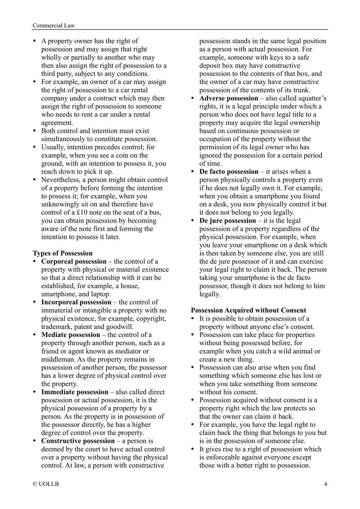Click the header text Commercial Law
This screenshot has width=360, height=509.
pos(53,25)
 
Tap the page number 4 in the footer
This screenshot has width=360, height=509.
pos(325,484)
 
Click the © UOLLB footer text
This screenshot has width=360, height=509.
pos(45,484)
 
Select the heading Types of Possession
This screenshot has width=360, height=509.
pos(63,253)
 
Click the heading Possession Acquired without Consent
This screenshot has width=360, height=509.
pos(248,310)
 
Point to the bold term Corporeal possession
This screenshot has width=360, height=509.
pos(74,262)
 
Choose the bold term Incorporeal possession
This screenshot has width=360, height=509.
pos(76,302)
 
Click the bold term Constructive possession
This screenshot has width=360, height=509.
pos(78,441)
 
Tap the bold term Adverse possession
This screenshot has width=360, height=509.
pos(229,98)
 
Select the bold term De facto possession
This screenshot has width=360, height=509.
pos(229,172)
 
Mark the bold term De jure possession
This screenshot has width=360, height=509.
pos(228,221)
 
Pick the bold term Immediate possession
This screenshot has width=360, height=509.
pos(75,392)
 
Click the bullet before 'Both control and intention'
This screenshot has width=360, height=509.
pos(35,131)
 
